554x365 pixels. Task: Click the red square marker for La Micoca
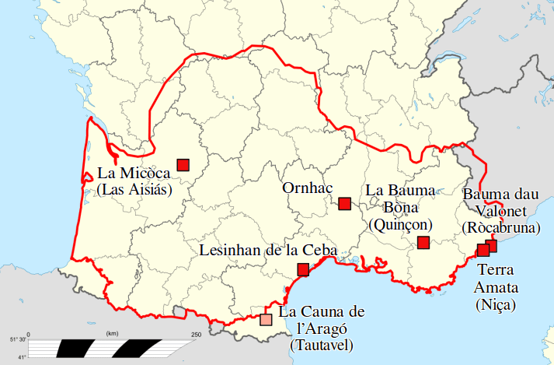pos(183,164)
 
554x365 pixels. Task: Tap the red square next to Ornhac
pos(345,204)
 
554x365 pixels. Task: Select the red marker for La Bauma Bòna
pos(423,243)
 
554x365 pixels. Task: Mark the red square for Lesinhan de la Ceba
pos(303,270)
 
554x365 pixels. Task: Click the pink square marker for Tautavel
pos(266,319)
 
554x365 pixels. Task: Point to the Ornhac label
pos(306,188)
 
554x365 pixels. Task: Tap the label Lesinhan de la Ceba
pos(268,251)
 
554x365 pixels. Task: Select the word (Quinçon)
pos(400,225)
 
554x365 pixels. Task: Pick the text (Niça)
pos(496,304)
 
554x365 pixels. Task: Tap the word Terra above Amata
pos(496,270)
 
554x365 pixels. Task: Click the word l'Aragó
pos(320,328)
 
